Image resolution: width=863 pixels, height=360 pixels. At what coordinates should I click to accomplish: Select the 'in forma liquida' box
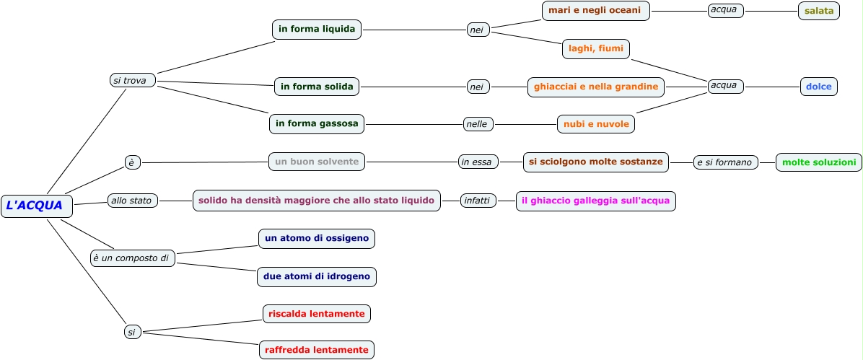[x=317, y=30]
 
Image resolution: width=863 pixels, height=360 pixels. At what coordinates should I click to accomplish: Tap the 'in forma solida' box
[x=317, y=87]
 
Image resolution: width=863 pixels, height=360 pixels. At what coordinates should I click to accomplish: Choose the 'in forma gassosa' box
[x=317, y=123]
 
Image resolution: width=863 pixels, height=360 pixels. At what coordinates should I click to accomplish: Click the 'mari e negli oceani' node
[x=596, y=11]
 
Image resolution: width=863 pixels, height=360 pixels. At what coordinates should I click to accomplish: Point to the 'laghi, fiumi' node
[x=596, y=48]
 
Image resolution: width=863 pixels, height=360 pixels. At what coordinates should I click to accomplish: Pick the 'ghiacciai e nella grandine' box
[x=596, y=87]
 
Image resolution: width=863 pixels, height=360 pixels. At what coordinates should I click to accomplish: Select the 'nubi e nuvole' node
[x=596, y=124]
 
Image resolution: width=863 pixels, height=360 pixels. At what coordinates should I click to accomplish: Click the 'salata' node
[x=819, y=11]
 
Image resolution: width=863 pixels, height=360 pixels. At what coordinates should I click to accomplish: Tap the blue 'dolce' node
[x=819, y=87]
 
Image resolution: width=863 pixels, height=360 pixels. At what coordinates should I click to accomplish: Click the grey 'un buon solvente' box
[x=317, y=162]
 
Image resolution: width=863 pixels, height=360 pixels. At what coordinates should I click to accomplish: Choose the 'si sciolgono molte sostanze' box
[x=596, y=162]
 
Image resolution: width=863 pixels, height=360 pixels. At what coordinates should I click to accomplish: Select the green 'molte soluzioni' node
[x=819, y=162]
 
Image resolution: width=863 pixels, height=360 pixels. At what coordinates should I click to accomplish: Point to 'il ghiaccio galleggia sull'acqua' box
[x=596, y=201]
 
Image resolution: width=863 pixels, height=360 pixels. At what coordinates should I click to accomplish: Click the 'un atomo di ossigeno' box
[x=317, y=238]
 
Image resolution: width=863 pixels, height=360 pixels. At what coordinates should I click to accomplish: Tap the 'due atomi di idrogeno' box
[x=317, y=276]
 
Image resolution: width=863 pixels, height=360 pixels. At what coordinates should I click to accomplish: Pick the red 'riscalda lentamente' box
[x=317, y=314]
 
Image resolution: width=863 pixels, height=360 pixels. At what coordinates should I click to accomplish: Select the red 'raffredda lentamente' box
[x=317, y=350]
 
